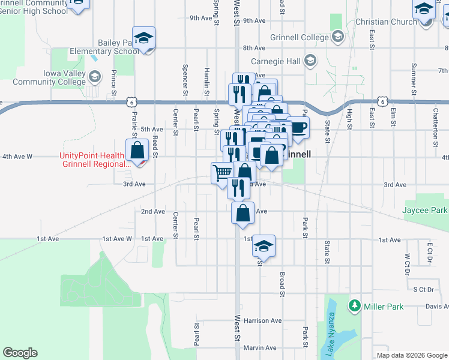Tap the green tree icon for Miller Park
pyautogui.click(x=355, y=307)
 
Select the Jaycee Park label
pyautogui.click(x=426, y=211)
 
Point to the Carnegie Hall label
pyautogui.click(x=278, y=60)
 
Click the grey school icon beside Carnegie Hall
pyautogui.click(x=310, y=60)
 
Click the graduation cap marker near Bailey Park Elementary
pyautogui.click(x=144, y=39)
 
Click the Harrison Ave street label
pyautogui.click(x=263, y=320)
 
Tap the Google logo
pyautogui.click(x=20, y=353)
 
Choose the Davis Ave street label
pyautogui.click(x=437, y=306)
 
